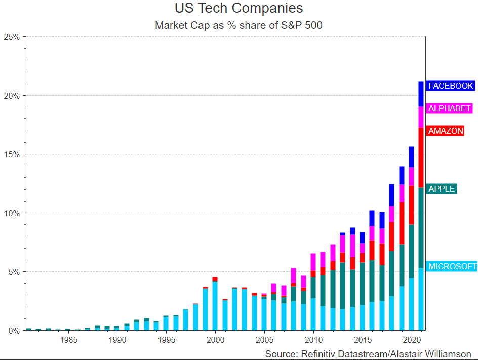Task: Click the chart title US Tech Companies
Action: pyautogui.click(x=238, y=9)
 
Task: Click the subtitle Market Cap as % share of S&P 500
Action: pyautogui.click(x=238, y=25)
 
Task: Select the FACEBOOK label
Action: pyautogui.click(x=451, y=86)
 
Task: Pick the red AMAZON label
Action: pyautogui.click(x=446, y=131)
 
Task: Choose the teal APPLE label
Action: pyautogui.click(x=442, y=189)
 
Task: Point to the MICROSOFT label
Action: pyautogui.click(x=452, y=266)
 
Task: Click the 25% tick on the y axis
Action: pyautogui.click(x=12, y=37)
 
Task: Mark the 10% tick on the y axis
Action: pyautogui.click(x=12, y=213)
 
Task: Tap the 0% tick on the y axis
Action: pyautogui.click(x=14, y=331)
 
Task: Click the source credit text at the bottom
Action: pyautogui.click(x=368, y=353)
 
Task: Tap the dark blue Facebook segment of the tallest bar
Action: pyautogui.click(x=421, y=94)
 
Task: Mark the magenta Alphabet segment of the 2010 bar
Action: pyautogui.click(x=313, y=262)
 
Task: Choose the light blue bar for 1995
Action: pyautogui.click(x=166, y=324)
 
